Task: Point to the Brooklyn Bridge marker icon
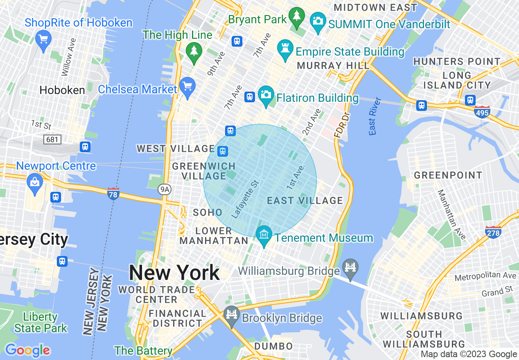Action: pos(232,315)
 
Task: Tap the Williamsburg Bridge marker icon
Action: pos(351,268)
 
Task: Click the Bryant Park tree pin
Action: pos(296,17)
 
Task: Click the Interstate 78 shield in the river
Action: pos(113,193)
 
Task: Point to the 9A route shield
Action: pos(164,189)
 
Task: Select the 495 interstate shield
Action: pos(482,112)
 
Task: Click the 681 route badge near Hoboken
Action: pos(52,140)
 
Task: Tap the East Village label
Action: pos(305,200)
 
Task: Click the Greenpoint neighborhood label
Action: pos(448,175)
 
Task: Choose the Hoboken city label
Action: pos(62,90)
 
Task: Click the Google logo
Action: pos(27,350)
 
